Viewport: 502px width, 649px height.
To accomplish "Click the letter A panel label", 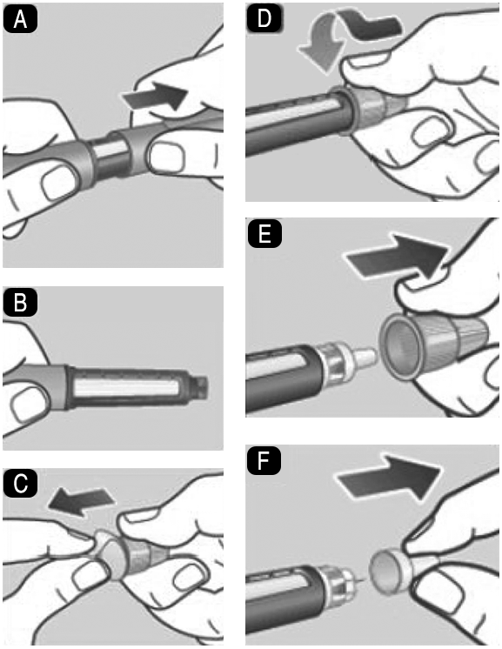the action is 20,20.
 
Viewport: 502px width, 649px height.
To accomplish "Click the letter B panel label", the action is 20,304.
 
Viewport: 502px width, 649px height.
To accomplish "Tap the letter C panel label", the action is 20,485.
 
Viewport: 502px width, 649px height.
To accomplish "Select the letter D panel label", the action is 264,19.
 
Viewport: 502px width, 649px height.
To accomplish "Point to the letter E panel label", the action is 264,234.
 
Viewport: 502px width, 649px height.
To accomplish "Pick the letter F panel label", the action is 264,461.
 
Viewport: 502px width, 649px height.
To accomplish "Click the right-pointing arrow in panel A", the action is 155,96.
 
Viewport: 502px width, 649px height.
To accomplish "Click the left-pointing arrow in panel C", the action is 80,499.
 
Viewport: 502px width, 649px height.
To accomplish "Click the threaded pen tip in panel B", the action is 200,389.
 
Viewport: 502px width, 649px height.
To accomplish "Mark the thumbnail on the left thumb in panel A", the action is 59,184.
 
